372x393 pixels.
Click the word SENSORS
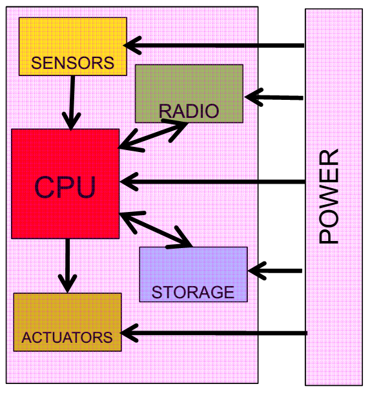point(72,62)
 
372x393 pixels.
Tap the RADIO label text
point(189,111)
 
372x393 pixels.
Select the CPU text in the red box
point(65,187)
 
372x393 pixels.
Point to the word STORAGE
point(193,292)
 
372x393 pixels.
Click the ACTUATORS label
point(67,338)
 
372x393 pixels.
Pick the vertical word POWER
point(329,196)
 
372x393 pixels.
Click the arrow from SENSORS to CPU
point(72,103)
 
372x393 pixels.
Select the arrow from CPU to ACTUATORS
point(68,265)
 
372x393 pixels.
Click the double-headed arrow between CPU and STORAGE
point(156,230)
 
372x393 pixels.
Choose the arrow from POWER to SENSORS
point(214,45)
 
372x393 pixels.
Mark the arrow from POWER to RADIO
point(274,97)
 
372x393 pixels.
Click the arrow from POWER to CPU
point(212,182)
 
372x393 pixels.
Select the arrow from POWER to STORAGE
point(274,271)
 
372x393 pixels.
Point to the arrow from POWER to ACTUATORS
point(214,333)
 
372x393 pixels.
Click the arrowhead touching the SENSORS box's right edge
point(132,45)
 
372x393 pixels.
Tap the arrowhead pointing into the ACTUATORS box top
point(68,283)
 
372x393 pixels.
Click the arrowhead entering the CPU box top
point(72,121)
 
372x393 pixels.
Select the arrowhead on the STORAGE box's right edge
point(257,271)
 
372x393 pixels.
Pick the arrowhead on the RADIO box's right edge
point(254,97)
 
